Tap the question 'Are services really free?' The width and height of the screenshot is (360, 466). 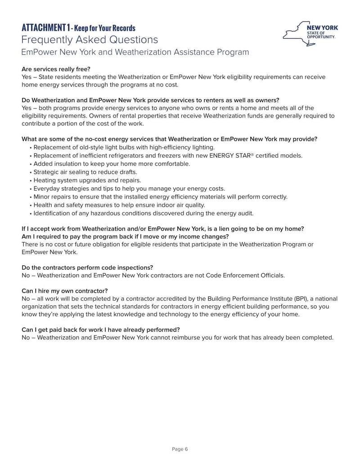(56, 69)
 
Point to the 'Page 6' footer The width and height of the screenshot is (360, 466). (180, 449)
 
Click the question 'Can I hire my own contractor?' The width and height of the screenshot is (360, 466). (64, 290)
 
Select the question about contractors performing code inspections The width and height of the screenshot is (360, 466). (87, 267)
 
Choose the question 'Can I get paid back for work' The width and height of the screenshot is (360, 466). (101, 329)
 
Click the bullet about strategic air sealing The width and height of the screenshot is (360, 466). (85, 172)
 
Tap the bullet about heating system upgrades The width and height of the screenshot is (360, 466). (87, 180)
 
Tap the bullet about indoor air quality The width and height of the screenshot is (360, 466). (119, 205)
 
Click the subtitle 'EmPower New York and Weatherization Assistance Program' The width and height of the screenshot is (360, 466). (135, 52)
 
